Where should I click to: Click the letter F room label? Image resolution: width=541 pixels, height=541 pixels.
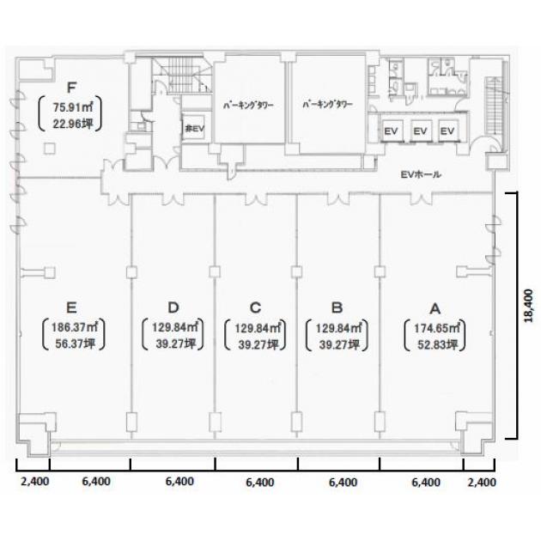71,88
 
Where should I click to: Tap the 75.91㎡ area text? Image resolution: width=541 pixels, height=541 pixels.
72,107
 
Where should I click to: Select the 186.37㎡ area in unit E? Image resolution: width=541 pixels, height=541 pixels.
74,327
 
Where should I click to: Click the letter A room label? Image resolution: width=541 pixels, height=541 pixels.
435,308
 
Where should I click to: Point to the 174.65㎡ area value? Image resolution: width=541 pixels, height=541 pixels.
436,328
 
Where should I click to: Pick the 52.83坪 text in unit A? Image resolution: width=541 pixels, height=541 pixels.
437,344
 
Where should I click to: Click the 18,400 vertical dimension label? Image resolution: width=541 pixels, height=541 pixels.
528,306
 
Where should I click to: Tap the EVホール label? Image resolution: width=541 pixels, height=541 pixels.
421,174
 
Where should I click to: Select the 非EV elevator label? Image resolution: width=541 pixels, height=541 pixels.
195,129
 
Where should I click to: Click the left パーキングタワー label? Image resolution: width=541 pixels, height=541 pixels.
248,106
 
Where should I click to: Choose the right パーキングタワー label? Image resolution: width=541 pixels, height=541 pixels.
327,104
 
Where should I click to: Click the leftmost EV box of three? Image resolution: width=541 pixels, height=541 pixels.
392,131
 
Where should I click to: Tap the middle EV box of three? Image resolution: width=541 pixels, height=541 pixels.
421,131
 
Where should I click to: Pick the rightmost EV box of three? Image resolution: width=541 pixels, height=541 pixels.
448,131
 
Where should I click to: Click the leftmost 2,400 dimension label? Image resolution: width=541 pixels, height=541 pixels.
35,481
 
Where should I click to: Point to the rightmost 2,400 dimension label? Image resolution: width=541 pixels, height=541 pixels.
482,482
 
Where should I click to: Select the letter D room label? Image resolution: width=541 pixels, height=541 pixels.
173,307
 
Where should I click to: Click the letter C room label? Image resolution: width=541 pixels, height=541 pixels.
255,307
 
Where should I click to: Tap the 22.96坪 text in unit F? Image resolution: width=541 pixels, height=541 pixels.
73,124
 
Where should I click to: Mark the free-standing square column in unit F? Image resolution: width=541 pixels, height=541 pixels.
50,149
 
